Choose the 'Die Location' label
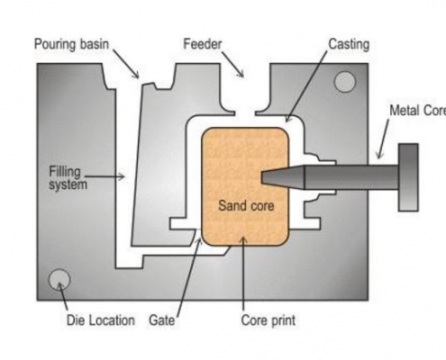[100, 319]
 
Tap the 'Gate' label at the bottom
[162, 319]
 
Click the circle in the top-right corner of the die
[344, 83]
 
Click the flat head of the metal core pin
[408, 176]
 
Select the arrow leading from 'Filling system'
[107, 176]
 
